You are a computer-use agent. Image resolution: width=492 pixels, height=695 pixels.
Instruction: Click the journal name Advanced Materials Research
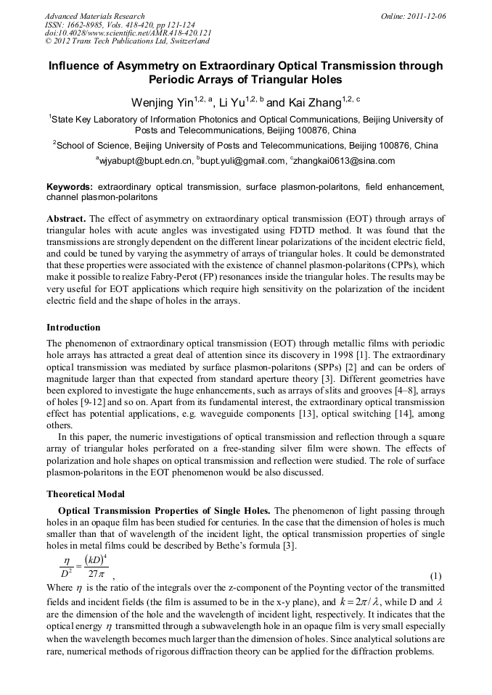94,16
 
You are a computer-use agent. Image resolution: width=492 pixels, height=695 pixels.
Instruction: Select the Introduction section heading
73,328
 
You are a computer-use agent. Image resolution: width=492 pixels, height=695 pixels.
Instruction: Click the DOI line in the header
128,33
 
